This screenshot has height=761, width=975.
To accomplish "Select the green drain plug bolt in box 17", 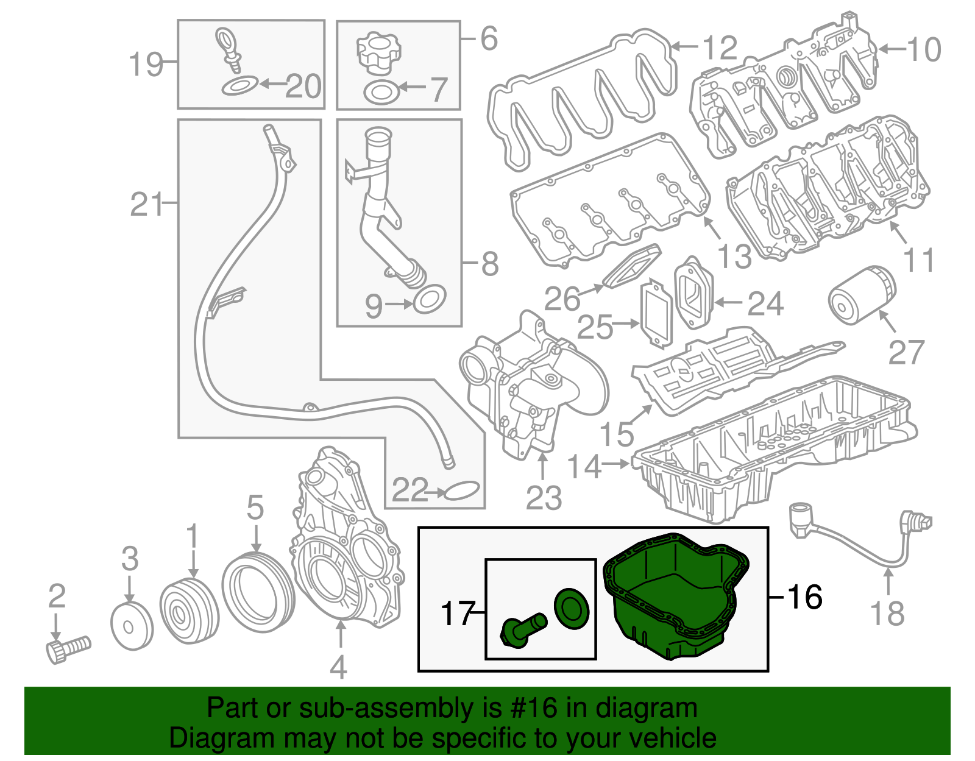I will tap(521, 631).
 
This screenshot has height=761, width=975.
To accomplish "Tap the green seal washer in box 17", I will tap(572, 607).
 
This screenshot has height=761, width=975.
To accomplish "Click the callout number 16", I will tap(805, 597).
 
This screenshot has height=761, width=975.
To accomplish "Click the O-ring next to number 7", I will tap(381, 93).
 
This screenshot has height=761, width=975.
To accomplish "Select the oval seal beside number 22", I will tap(463, 490).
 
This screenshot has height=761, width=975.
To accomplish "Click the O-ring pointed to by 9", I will tap(430, 298).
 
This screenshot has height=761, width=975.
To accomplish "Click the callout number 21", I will tap(146, 204).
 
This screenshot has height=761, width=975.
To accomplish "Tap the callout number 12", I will tap(720, 48).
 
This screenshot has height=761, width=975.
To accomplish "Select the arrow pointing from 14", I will tap(615, 464).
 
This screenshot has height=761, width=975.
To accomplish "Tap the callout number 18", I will tap(887, 612).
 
